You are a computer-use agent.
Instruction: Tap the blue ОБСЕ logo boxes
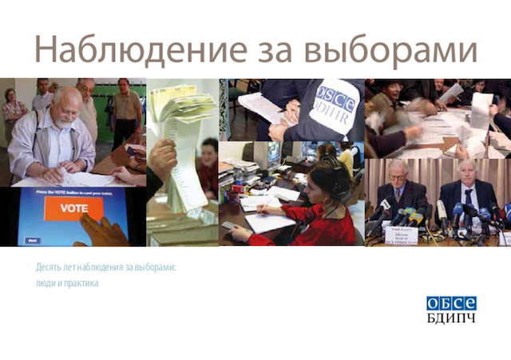point(450,303)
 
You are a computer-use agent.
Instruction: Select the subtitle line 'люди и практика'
point(61,283)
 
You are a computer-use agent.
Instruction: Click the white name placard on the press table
point(402,232)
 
